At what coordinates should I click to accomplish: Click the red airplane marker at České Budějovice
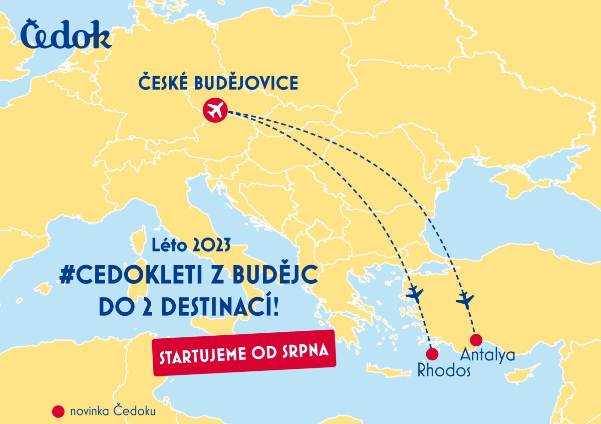[215, 110]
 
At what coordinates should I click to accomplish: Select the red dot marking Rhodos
[432, 354]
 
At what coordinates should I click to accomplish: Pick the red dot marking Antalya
[476, 340]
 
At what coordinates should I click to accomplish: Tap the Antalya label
[487, 355]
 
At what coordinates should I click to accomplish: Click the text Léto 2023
[192, 246]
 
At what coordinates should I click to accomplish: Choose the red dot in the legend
[59, 411]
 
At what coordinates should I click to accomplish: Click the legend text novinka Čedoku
[113, 411]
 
